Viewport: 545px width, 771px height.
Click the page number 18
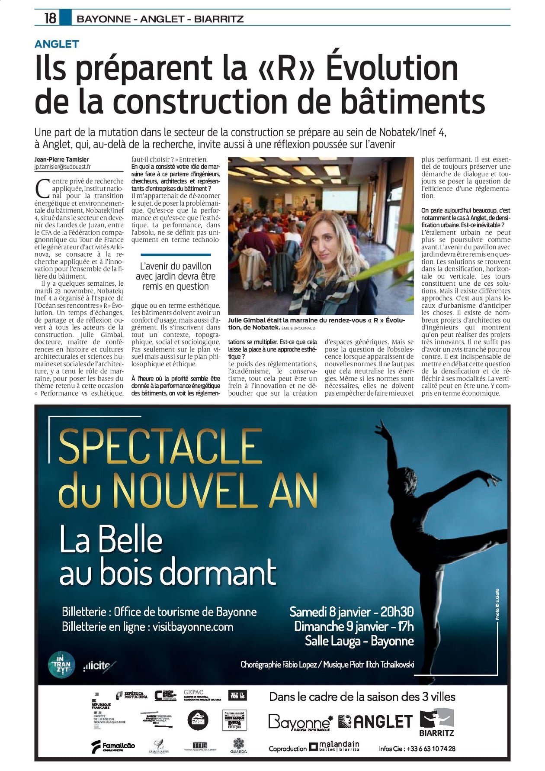(x=50, y=18)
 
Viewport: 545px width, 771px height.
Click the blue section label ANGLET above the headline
(x=57, y=44)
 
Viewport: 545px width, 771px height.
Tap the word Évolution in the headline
(x=392, y=68)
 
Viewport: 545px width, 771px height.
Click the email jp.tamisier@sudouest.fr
(x=63, y=167)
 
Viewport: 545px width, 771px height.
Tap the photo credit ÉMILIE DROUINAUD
(x=298, y=328)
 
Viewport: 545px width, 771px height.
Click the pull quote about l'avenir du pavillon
(x=175, y=276)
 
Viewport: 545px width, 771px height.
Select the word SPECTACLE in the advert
(x=160, y=447)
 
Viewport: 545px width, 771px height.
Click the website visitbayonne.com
(x=192, y=627)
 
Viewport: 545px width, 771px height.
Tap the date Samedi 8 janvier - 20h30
(x=351, y=612)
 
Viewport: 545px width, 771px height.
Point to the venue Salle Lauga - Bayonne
(x=359, y=641)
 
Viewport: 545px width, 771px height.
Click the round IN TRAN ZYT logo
(x=61, y=665)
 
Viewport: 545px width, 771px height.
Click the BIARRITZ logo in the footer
(x=436, y=723)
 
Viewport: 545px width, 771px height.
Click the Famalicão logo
(x=113, y=746)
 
